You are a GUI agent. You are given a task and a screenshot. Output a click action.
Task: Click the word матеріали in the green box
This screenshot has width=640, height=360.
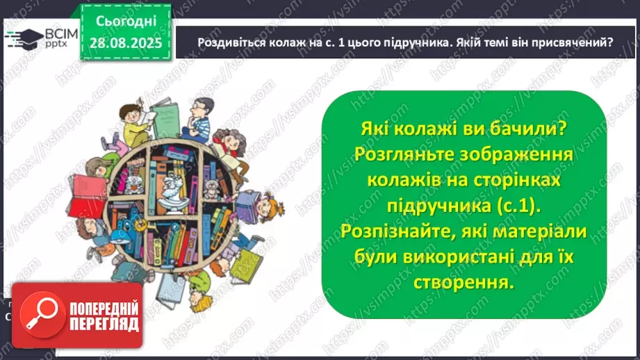(x=543, y=232)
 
